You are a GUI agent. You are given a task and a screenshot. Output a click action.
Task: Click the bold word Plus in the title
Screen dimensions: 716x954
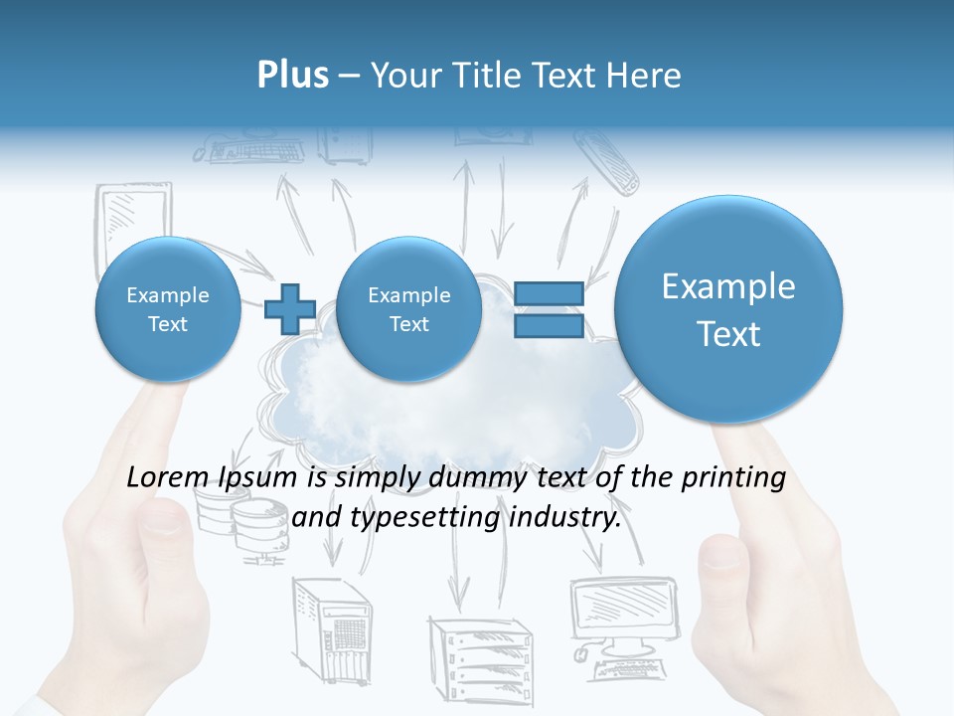click(292, 76)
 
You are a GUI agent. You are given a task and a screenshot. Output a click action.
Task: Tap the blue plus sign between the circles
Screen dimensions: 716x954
click(290, 309)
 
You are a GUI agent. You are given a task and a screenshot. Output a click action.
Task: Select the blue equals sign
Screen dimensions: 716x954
click(549, 309)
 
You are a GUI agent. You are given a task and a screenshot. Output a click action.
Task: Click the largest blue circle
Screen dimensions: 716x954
click(728, 309)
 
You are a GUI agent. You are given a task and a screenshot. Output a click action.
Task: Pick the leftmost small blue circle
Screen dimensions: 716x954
click(167, 309)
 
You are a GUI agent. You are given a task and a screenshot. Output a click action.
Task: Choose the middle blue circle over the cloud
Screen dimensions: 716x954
click(408, 309)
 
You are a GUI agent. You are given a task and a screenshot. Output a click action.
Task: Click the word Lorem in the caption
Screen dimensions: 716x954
click(163, 478)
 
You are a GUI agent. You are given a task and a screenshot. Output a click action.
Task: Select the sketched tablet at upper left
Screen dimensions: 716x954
click(133, 224)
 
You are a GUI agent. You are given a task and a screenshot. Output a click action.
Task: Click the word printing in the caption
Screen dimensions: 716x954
click(735, 478)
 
